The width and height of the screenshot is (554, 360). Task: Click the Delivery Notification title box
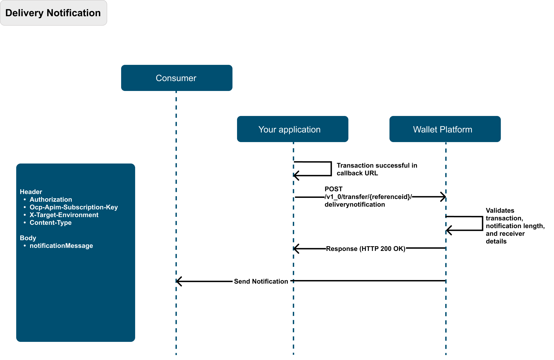(x=54, y=13)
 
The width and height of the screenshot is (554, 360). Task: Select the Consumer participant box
(x=177, y=78)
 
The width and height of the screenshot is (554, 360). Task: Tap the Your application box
(x=293, y=129)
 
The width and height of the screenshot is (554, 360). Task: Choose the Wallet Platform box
(x=445, y=129)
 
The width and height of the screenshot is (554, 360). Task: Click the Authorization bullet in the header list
(x=51, y=200)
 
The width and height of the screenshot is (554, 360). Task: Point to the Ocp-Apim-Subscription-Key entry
(x=74, y=207)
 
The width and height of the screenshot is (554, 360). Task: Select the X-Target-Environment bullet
(x=64, y=215)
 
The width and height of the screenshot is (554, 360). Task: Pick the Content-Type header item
(x=51, y=223)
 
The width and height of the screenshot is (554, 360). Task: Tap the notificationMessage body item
(x=61, y=246)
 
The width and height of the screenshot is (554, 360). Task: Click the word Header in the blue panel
(x=31, y=192)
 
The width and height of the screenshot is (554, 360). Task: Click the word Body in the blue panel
(x=28, y=238)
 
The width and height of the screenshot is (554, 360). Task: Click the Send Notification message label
(x=261, y=281)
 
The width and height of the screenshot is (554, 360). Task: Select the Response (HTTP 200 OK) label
(x=366, y=249)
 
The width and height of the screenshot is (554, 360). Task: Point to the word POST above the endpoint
(x=333, y=189)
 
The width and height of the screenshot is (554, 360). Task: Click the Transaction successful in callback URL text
(x=377, y=169)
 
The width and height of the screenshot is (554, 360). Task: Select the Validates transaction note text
(x=515, y=226)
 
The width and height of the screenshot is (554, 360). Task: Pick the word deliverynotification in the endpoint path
(x=355, y=204)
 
